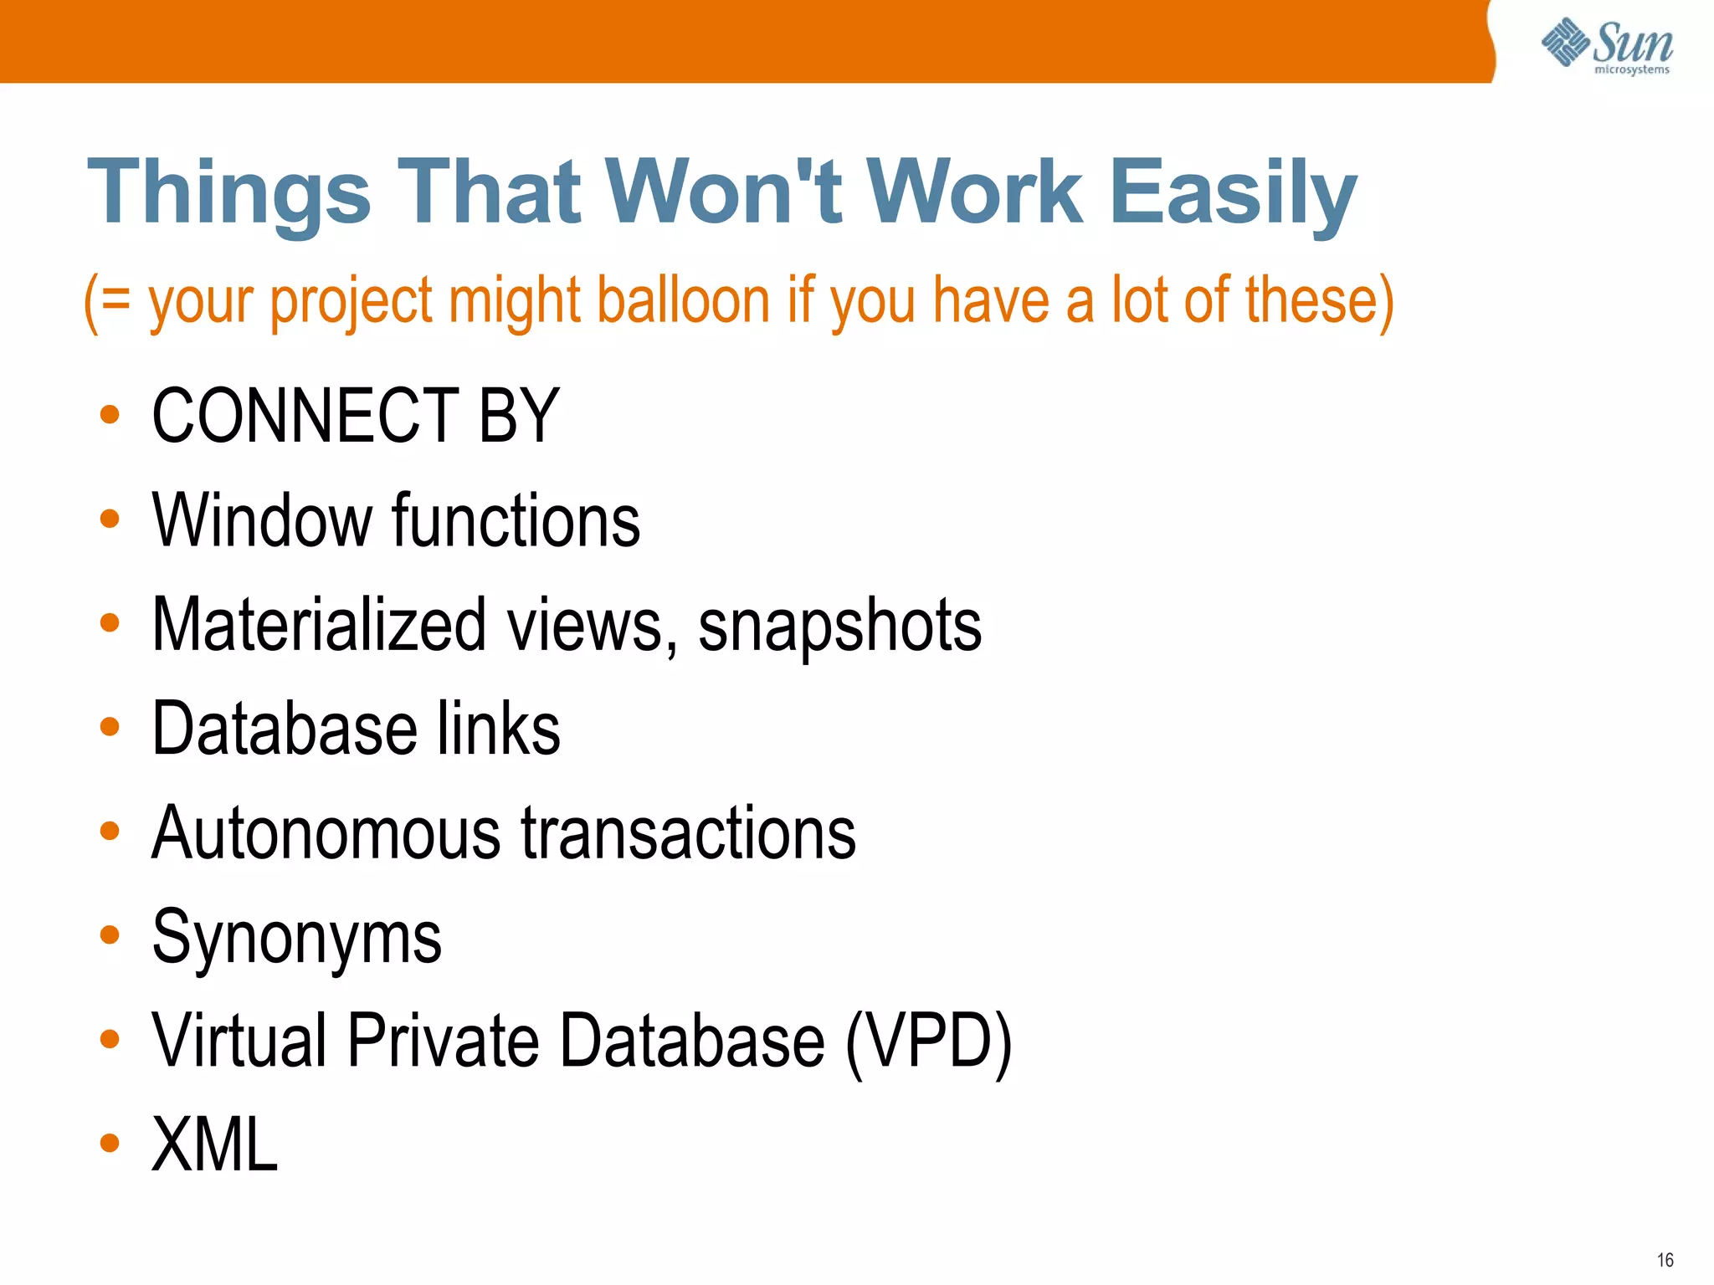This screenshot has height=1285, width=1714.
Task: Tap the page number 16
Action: pos(1665,1260)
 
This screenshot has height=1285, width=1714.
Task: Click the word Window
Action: pos(262,520)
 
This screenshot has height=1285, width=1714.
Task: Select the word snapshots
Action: pos(839,626)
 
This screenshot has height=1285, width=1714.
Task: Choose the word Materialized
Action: pos(319,624)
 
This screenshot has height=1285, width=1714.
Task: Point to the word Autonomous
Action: pos(326,833)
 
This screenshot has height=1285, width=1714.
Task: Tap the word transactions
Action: pos(689,833)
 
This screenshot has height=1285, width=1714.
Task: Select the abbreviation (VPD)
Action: pos(928,1041)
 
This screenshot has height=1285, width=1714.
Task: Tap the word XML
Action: pos(214,1144)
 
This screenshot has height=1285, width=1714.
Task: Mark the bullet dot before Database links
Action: pos(110,727)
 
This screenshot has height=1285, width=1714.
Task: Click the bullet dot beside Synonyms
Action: pos(110,934)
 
